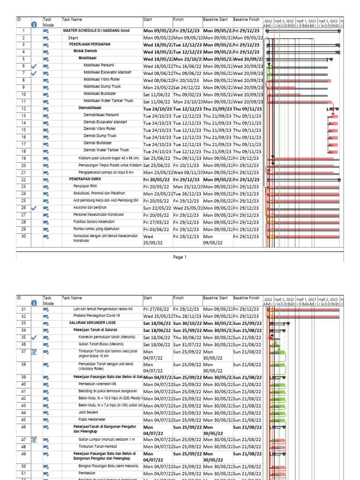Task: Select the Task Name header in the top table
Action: coord(72,20)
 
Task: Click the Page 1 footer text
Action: coord(180,257)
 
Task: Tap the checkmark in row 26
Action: coord(33,208)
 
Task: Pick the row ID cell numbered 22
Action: coord(23,180)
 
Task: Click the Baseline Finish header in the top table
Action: coord(246,20)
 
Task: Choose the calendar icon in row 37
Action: coord(33,352)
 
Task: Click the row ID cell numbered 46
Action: coord(23,428)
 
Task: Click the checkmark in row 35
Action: coord(33,337)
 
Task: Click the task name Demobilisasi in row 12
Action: coord(90,107)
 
